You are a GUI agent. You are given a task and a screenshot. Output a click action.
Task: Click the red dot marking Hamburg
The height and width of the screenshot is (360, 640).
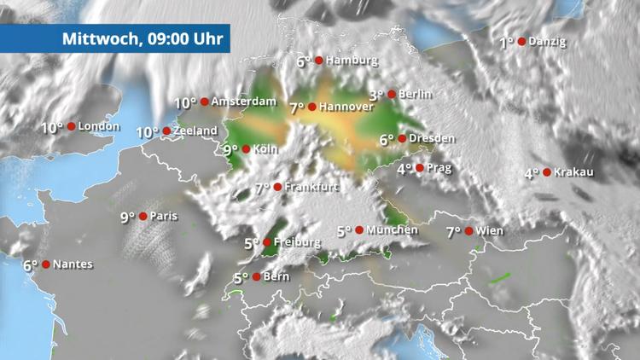coord(319,61)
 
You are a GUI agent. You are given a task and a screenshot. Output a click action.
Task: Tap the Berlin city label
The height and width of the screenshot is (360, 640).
coord(415,95)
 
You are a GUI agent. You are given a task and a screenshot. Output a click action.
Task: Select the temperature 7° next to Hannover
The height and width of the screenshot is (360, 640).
coord(296,108)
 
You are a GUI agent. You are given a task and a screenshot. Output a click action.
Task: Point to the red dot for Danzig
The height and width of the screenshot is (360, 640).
coord(521,41)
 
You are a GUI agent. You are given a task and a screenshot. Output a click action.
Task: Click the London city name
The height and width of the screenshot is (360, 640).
coord(99,127)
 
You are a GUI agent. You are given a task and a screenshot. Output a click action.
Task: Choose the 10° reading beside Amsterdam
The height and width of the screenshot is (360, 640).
coord(185,102)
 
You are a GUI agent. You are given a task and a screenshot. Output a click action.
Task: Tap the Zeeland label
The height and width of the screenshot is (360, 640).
coord(195,132)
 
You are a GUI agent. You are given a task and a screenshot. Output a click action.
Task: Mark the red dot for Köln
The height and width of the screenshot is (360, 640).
coord(246,149)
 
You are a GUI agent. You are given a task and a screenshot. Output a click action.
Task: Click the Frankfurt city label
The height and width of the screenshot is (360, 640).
coord(312,187)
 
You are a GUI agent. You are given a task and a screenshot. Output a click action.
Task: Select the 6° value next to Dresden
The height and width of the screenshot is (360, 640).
coord(387,140)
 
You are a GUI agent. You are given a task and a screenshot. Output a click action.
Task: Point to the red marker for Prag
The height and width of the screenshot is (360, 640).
coord(419,168)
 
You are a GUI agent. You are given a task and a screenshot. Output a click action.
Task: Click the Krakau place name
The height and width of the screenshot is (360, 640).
coord(573,172)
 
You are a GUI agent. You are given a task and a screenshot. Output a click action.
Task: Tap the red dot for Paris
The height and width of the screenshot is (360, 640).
coord(143,217)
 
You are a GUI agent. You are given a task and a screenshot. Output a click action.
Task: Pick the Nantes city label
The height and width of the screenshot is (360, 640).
coord(73,264)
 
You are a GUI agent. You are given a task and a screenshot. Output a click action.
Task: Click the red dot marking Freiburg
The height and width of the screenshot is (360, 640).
coord(268,242)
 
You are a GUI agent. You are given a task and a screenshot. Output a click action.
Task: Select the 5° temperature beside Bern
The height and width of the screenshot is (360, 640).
coord(241,277)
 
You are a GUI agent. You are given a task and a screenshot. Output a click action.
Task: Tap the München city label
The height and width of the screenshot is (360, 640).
coord(393,230)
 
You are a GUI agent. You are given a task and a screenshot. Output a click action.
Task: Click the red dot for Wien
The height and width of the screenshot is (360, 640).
coord(469,231)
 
